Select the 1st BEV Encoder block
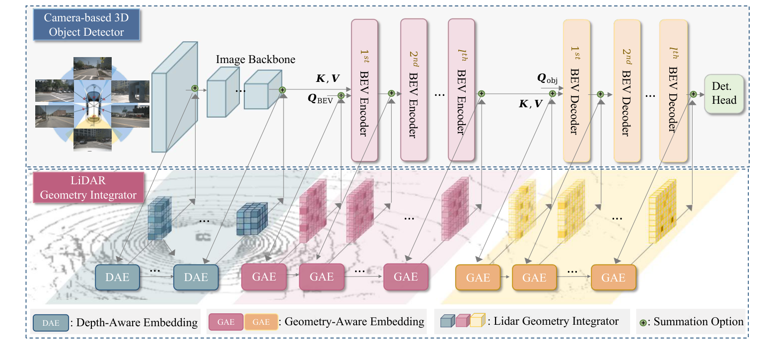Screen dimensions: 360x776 (364, 90)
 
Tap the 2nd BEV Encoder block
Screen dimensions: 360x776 (414, 90)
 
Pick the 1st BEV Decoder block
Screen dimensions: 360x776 (576, 90)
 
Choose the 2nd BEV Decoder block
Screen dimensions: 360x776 (627, 90)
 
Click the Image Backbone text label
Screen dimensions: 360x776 (256, 60)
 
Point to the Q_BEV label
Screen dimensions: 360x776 (320, 99)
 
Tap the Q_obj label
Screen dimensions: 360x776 (548, 78)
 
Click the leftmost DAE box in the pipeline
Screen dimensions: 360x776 (118, 277)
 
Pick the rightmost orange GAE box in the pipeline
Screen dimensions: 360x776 (613, 278)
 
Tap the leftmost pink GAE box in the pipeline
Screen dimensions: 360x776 (264, 277)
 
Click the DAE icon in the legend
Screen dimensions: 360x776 (50, 322)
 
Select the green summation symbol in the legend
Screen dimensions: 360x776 (642, 322)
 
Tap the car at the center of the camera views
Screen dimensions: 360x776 (92, 103)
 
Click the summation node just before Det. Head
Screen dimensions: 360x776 (693, 94)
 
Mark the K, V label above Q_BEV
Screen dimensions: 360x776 (328, 78)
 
